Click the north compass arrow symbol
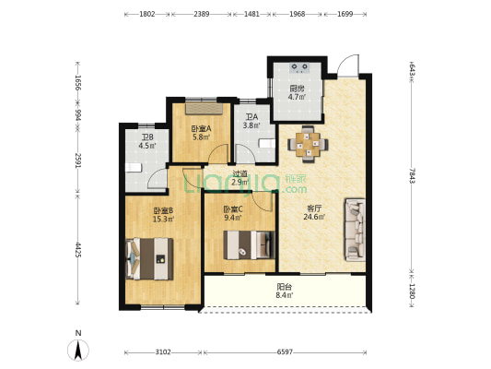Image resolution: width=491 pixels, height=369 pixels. click(78, 350)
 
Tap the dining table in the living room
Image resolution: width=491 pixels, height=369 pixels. click(308, 145)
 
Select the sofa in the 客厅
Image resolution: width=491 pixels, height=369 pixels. click(355, 230)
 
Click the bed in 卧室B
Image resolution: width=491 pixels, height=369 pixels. click(149, 258)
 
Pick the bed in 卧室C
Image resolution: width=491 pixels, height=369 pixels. click(250, 244)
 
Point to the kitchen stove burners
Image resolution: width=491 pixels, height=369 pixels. click(300, 67)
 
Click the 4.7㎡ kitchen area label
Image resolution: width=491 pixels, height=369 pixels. click(297, 97)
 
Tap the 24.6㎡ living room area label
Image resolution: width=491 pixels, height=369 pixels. click(314, 216)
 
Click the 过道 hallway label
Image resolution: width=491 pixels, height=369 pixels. click(240, 173)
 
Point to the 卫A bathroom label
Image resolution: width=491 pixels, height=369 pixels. click(251, 117)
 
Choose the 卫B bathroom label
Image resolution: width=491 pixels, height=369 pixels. click(147, 137)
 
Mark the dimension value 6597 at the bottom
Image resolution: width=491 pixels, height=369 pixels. click(285, 352)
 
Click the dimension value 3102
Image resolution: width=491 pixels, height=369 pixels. click(163, 352)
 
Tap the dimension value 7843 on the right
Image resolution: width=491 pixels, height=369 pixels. click(413, 176)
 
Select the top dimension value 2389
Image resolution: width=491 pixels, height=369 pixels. click(202, 14)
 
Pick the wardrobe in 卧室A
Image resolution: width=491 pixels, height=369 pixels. click(204, 109)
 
